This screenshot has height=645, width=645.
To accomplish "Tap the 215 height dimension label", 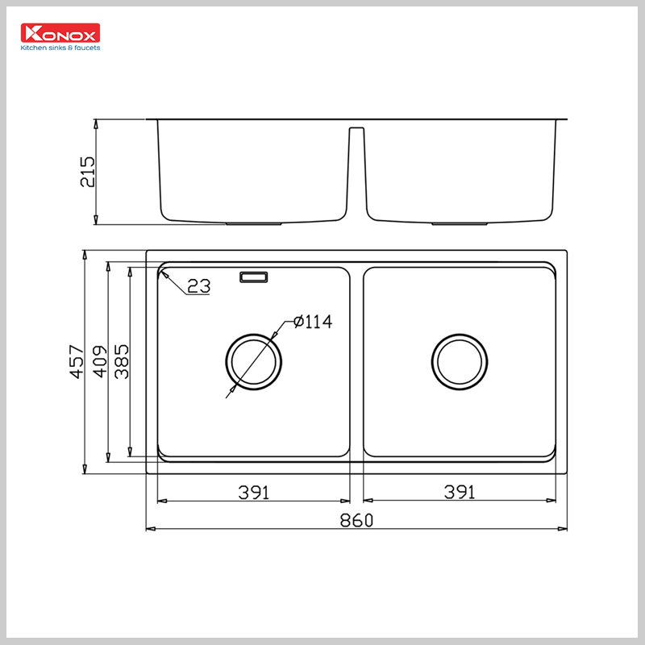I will point(88,172).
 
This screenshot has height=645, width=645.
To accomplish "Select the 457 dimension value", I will point(77,361).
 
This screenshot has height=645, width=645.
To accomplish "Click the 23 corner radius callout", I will point(198,285).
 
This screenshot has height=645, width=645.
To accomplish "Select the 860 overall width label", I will point(356,521).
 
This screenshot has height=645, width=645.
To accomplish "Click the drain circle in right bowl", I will point(460,360).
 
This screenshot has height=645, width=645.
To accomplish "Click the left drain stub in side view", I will point(253,223).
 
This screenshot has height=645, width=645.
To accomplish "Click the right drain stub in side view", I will point(460,223).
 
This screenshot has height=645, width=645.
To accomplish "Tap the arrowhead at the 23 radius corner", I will point(164,275).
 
